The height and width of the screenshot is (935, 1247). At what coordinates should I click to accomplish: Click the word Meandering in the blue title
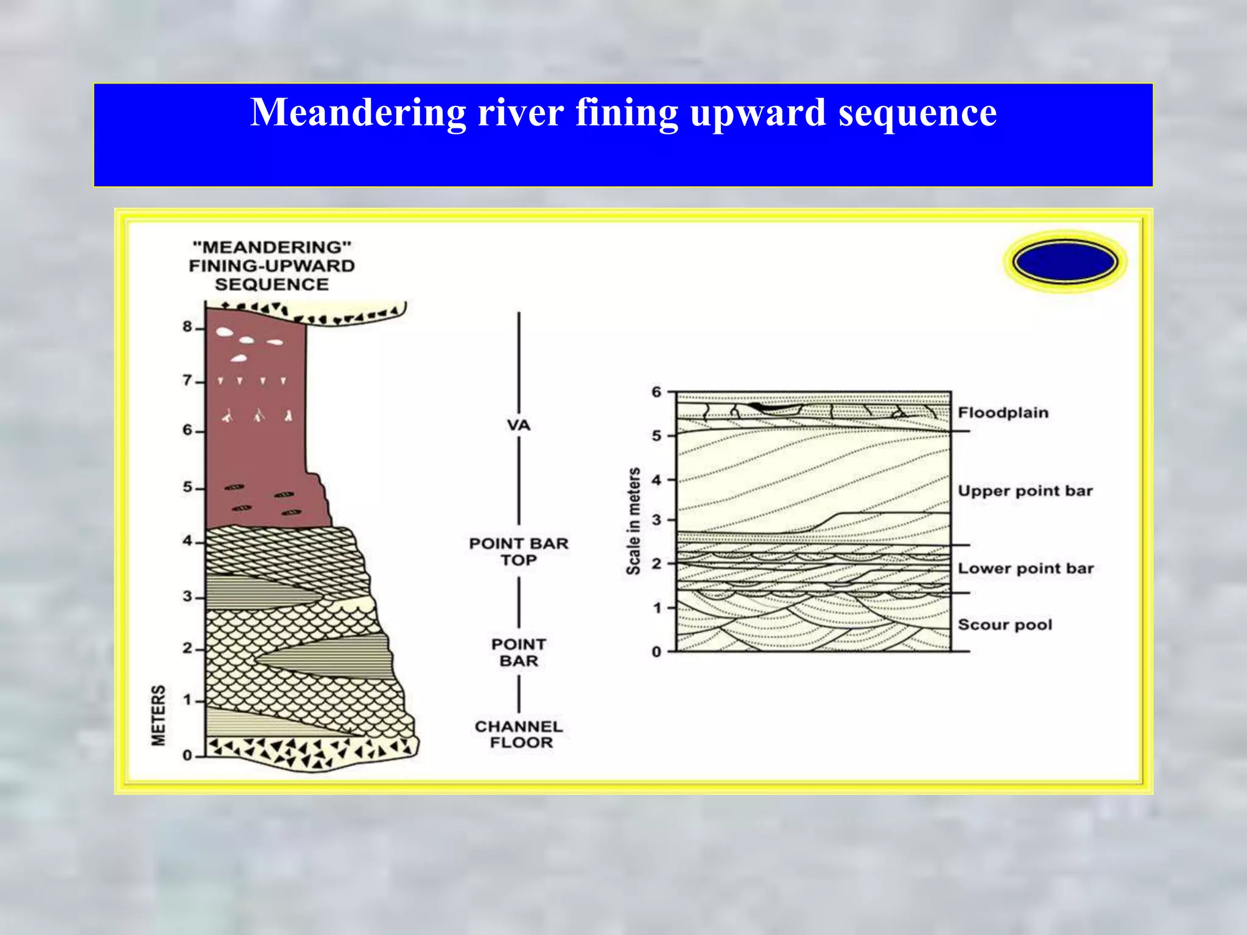click(357, 113)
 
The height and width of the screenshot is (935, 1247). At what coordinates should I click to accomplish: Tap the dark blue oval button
click(1065, 262)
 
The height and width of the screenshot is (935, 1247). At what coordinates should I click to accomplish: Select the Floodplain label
click(1003, 413)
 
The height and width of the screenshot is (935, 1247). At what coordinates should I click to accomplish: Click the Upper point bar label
click(1025, 491)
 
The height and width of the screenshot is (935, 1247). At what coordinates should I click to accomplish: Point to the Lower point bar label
click(1025, 569)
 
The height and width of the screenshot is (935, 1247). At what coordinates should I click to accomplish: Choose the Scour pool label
click(1005, 625)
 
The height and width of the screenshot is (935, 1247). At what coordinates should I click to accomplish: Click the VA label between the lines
click(518, 425)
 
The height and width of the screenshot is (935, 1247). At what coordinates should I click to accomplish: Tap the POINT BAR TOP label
click(518, 552)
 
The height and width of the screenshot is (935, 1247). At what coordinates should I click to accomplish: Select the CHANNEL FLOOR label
click(519, 734)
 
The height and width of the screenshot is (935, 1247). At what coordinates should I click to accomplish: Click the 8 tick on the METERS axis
click(188, 327)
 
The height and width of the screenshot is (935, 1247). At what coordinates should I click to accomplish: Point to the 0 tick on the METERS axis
click(188, 755)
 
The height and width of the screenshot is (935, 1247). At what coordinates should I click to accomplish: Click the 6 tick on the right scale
click(656, 392)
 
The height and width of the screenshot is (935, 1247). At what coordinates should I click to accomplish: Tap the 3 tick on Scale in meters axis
click(656, 520)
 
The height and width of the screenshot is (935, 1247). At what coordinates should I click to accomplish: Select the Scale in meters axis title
click(633, 521)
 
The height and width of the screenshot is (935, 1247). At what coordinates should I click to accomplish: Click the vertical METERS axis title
click(158, 715)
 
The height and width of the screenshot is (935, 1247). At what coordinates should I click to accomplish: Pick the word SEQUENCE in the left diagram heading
click(272, 284)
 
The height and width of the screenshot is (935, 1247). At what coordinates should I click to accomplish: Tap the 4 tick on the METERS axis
click(188, 541)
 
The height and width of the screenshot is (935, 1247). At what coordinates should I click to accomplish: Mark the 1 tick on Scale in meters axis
click(656, 608)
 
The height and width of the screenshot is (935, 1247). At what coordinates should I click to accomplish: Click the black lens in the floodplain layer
click(757, 405)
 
